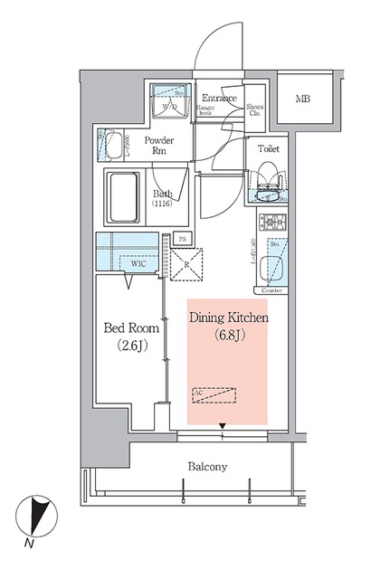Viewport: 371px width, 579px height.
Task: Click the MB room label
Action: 303,98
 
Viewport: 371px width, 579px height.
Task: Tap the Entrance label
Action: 219,98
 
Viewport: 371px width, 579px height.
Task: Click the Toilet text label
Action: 268,147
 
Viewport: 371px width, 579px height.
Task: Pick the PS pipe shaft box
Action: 182,240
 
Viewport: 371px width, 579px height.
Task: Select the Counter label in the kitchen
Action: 272,291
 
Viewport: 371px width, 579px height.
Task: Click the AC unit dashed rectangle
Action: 214,395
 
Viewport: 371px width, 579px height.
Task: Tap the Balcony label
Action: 207,467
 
